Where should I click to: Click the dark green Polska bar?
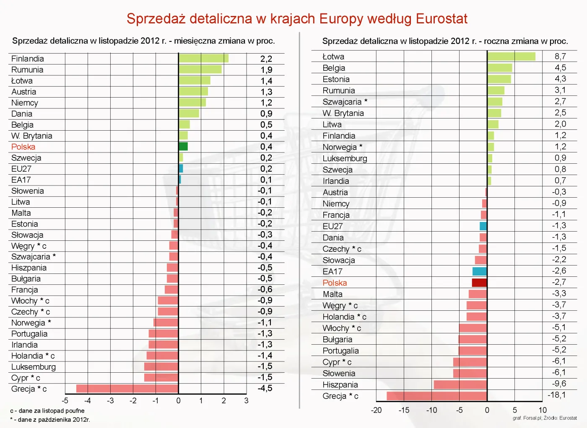pos(183,146)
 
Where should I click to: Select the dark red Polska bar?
pos(479,283)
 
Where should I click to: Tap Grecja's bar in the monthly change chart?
pos(127,389)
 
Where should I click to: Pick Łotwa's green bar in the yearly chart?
pos(511,56)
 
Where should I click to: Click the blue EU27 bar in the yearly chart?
pos(483,226)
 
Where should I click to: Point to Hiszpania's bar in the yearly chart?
pos(460,384)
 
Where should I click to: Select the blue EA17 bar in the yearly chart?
pos(479,271)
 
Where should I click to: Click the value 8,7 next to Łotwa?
pos(560,57)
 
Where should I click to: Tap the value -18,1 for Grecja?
pos(556,395)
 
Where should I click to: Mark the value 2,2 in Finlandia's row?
pos(266,59)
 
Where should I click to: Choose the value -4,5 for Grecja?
pos(265,388)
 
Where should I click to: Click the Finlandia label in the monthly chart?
pos(28,59)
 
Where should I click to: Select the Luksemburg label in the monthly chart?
pos(34,367)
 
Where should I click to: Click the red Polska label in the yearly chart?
pos(335,283)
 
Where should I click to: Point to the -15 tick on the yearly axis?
pos(404,410)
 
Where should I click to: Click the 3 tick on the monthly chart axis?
pos(246,401)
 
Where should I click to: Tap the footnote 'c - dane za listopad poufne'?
pos(47,411)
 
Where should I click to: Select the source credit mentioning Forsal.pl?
pos(544,418)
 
